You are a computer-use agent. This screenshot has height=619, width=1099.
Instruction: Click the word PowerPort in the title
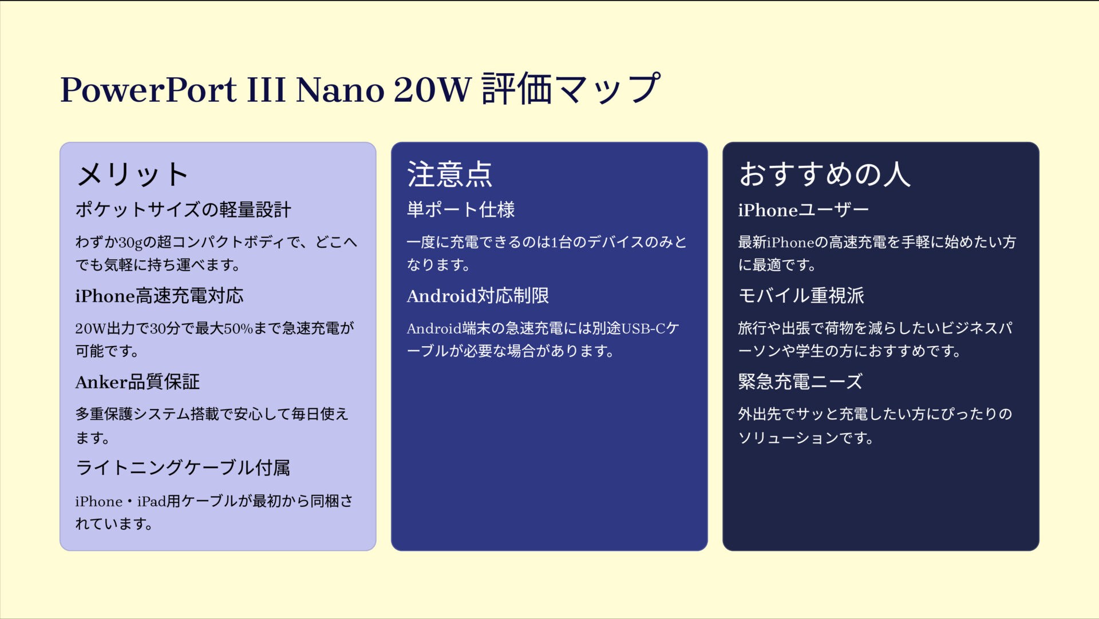coord(148,90)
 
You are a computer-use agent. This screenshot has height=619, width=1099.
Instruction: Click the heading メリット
coord(132,174)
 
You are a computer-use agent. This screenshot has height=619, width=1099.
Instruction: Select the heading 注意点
coord(449,174)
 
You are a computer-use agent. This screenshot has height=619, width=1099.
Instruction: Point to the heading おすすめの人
coord(824,174)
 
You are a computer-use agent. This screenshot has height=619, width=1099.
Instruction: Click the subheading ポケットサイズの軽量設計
coord(183,210)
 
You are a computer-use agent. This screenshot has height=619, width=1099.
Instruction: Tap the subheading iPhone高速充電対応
coord(159,296)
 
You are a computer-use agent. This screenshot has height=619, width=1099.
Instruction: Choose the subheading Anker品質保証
coord(137,382)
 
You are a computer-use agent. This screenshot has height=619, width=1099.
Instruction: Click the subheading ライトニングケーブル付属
coord(183,468)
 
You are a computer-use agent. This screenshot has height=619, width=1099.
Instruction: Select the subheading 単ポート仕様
coord(460,210)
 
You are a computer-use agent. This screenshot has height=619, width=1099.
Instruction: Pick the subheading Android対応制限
coord(477,296)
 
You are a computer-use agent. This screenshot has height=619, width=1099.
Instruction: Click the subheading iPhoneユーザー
coord(803,210)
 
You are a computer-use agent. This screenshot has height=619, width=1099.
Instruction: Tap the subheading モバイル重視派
coord(801,296)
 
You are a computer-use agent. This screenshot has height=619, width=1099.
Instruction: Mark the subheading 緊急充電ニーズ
coord(800,382)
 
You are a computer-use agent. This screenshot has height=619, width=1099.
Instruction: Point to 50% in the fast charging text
coord(238,328)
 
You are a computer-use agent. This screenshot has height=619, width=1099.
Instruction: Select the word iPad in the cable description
coord(151,502)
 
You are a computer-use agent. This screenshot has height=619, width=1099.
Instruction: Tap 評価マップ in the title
coord(571,89)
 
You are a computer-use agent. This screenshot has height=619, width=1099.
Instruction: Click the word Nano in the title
coord(340,90)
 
